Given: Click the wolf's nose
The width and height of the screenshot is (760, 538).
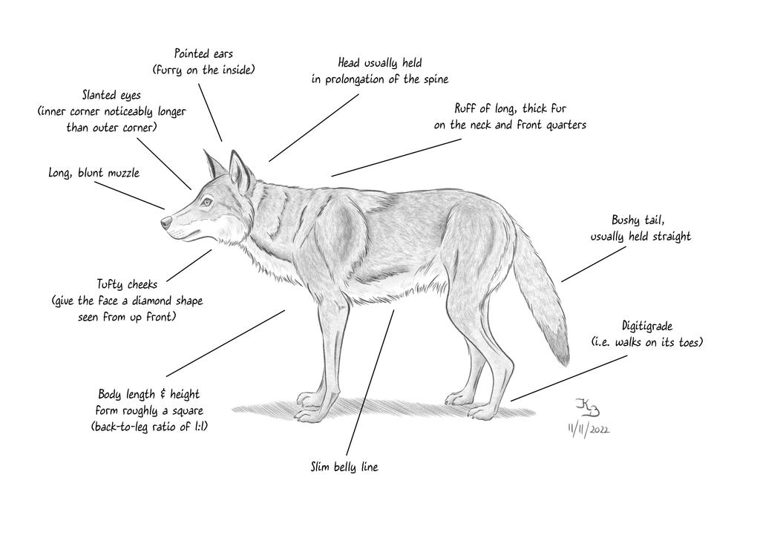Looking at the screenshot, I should click(165, 220).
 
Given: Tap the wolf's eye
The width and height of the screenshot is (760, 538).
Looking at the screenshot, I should click(206, 201).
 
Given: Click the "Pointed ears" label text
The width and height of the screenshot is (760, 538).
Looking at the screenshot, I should click(203, 54).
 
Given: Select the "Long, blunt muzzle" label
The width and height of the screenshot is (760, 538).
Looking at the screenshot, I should click(94, 173).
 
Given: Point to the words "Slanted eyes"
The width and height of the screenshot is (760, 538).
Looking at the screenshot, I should click(111, 96).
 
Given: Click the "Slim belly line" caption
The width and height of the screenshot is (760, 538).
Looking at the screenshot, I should click(344, 468).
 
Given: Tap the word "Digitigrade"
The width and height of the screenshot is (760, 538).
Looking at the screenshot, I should click(647, 326).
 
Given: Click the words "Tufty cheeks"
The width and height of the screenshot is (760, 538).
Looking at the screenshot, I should click(127, 284).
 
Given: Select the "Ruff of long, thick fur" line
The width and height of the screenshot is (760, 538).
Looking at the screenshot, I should click(511, 109).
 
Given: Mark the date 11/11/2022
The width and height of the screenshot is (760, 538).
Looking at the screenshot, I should click(588, 430).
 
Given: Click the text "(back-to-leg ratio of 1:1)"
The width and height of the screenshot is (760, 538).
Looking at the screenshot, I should click(148, 427).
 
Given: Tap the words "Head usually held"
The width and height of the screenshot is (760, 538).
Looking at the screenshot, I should click(379, 63).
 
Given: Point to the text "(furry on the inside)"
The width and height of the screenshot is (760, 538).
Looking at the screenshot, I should click(203, 70).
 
